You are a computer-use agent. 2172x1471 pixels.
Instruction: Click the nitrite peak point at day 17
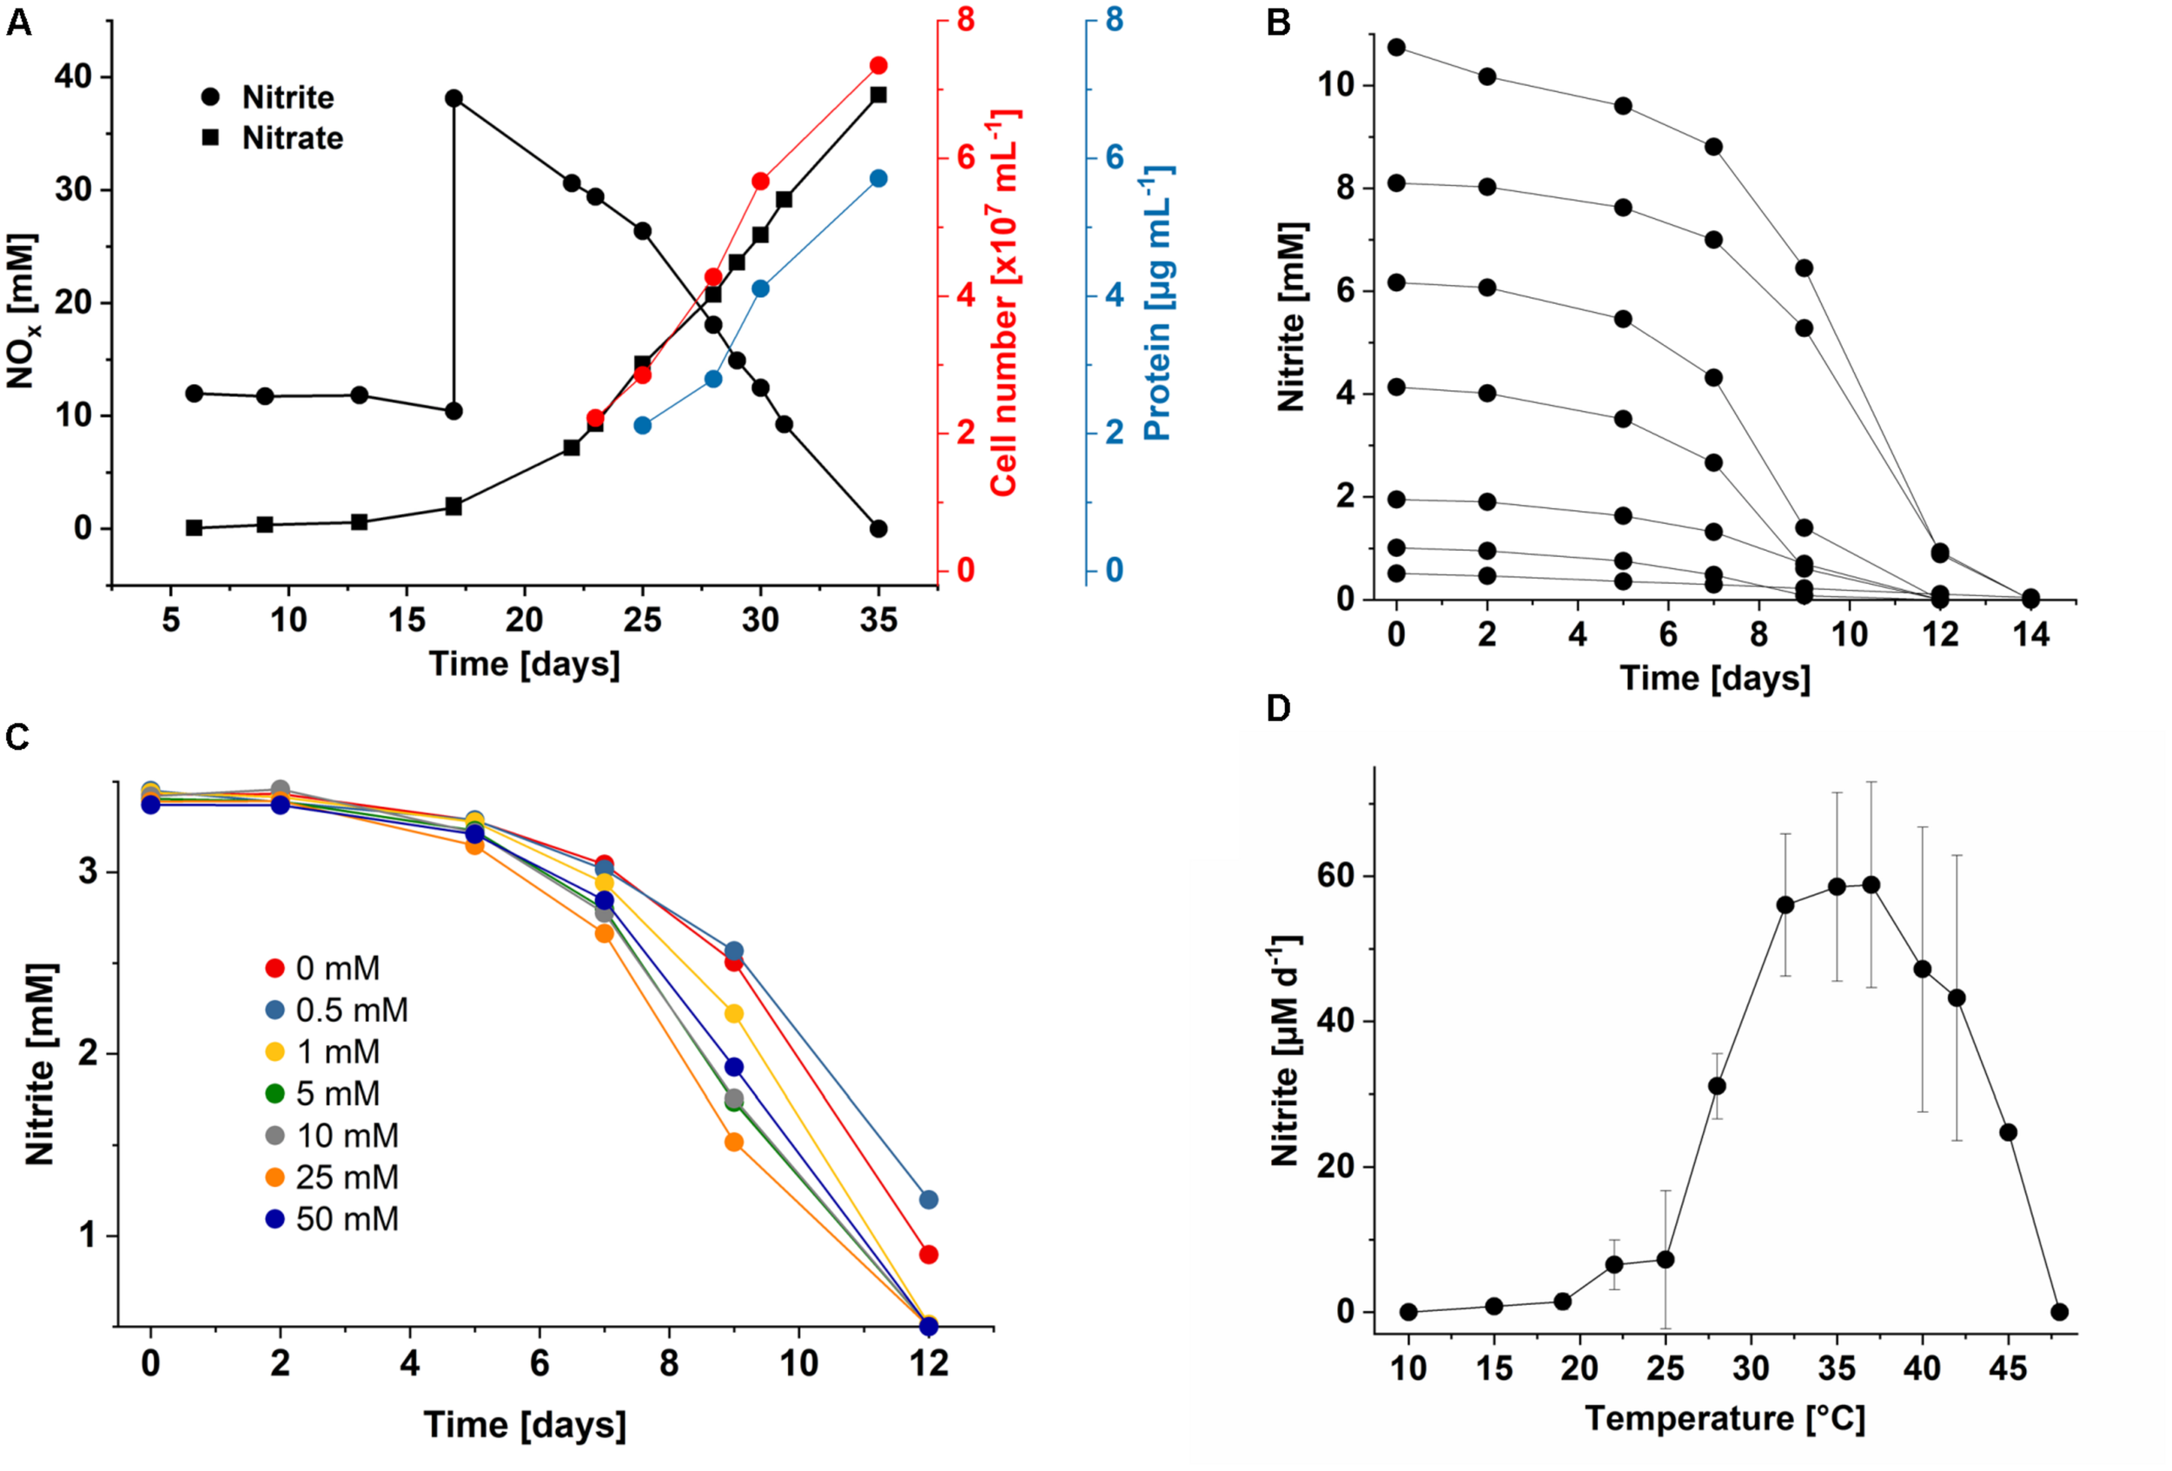[x=454, y=98]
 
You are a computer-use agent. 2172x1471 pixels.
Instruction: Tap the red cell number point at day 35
[x=877, y=65]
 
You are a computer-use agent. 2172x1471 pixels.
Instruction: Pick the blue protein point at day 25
[x=642, y=425]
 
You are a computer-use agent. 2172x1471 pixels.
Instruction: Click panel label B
[x=1278, y=23]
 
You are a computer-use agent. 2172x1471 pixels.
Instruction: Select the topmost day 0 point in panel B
[x=1396, y=48]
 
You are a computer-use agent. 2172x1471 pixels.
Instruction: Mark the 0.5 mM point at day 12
[x=928, y=1199]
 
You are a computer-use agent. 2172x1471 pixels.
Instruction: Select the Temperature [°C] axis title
[x=1725, y=1419]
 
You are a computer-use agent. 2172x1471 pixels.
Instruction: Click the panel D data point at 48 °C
[x=2059, y=1311]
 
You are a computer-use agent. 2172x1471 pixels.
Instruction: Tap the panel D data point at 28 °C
[x=1717, y=1086]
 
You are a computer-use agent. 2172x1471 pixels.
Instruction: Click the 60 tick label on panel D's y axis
[x=1335, y=876]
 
